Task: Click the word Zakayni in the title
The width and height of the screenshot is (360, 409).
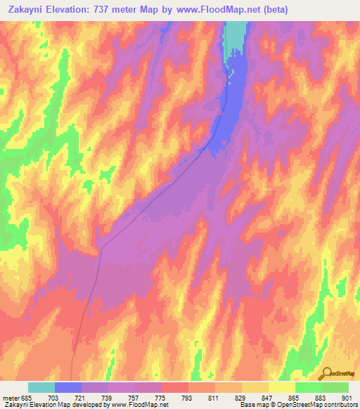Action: pos(27,10)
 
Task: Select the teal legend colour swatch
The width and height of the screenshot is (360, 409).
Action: pos(41,387)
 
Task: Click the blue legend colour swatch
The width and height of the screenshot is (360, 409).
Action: pos(68,387)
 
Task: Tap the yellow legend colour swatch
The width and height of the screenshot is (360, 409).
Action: pos(281,387)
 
